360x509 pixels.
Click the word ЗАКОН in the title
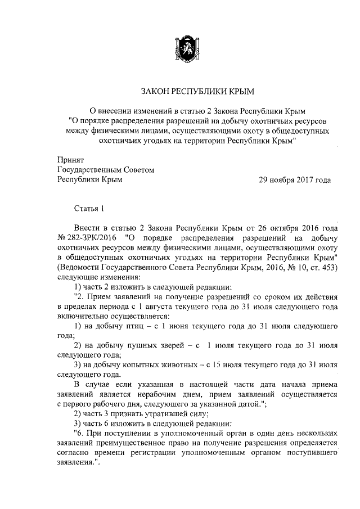tap(154, 91)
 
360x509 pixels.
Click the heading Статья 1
tap(90, 210)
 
